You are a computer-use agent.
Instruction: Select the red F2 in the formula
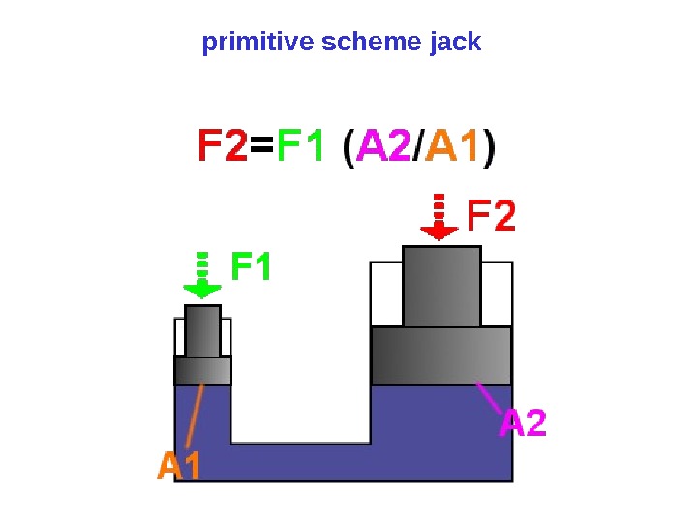click(223, 150)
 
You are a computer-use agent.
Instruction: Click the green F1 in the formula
click(301, 150)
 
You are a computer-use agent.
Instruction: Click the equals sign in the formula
click(262, 150)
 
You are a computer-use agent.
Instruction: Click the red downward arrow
click(439, 219)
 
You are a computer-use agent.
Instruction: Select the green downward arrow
click(202, 277)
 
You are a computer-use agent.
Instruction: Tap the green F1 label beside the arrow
click(252, 265)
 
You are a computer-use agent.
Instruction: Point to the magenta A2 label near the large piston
click(523, 423)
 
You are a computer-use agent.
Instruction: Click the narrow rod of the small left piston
click(202, 330)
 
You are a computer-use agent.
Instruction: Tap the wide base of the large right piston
click(440, 355)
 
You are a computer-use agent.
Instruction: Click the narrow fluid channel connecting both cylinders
click(300, 461)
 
